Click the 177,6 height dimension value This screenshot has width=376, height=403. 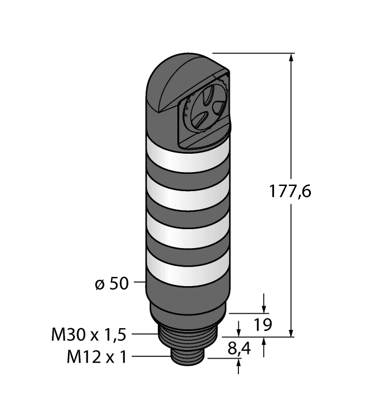(x=290, y=192)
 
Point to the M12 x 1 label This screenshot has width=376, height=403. (x=97, y=358)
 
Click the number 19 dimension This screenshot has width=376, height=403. (x=263, y=325)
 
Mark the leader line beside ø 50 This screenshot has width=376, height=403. (x=139, y=283)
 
